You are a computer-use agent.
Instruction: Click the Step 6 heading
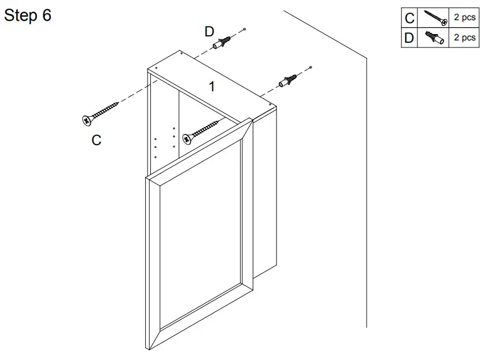click(28, 16)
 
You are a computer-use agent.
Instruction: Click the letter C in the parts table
click(409, 18)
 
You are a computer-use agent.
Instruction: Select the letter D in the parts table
click(409, 38)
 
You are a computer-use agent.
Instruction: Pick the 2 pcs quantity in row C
click(464, 18)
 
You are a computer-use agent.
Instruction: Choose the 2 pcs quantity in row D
click(464, 38)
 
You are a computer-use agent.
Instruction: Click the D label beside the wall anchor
click(209, 32)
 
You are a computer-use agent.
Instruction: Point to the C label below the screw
click(97, 140)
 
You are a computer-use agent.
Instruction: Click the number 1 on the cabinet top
click(212, 87)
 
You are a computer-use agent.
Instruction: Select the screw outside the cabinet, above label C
click(101, 112)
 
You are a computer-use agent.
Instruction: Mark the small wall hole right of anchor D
click(245, 29)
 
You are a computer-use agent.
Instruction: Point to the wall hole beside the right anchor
click(311, 68)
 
